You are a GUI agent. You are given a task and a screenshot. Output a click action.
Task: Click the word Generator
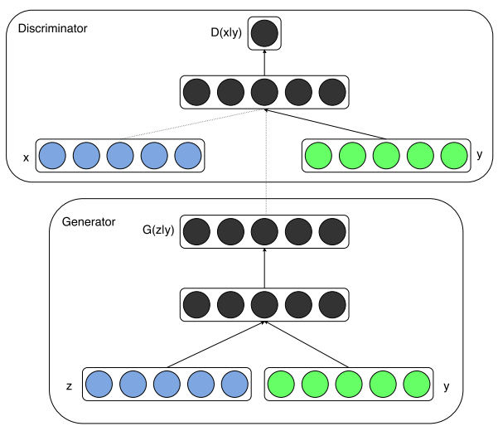(89, 221)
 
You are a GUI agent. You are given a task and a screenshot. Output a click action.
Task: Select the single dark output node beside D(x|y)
(264, 33)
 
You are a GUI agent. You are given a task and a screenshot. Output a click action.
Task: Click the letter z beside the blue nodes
(70, 386)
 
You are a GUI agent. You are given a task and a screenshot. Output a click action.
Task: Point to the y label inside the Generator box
(447, 386)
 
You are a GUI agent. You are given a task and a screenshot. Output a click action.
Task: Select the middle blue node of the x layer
(120, 155)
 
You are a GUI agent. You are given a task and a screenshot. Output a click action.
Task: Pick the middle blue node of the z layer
(167, 384)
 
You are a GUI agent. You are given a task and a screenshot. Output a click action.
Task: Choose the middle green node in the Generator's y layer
(349, 384)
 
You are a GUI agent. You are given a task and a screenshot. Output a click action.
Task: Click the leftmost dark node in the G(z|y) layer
(197, 231)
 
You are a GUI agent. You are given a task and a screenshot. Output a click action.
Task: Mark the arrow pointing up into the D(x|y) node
(264, 62)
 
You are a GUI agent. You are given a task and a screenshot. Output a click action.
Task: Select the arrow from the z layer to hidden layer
(215, 345)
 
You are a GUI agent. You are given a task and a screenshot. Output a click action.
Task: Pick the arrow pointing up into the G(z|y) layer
(264, 268)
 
